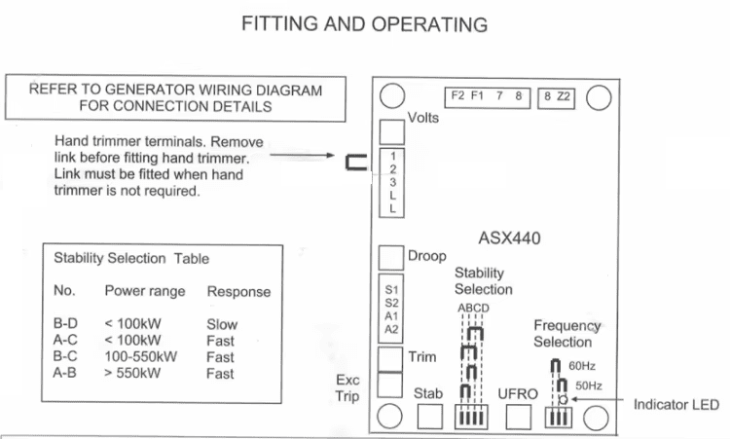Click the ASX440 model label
[x=509, y=238]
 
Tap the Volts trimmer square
[x=392, y=132]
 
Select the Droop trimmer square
[x=391, y=258]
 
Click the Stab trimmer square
[x=429, y=417]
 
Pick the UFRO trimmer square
[x=518, y=417]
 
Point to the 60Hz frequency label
[x=582, y=366]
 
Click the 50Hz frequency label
[x=589, y=385]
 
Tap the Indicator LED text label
[x=676, y=405]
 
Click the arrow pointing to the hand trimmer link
[x=302, y=155]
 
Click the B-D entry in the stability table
[x=65, y=323]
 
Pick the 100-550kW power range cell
[x=140, y=356]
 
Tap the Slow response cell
[x=222, y=324]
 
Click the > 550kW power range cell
[x=132, y=373]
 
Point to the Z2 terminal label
[x=564, y=96]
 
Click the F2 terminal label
[x=457, y=95]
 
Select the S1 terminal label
[x=391, y=290]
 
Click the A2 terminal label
[x=391, y=330]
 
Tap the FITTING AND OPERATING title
[x=365, y=24]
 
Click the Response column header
[x=238, y=291]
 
